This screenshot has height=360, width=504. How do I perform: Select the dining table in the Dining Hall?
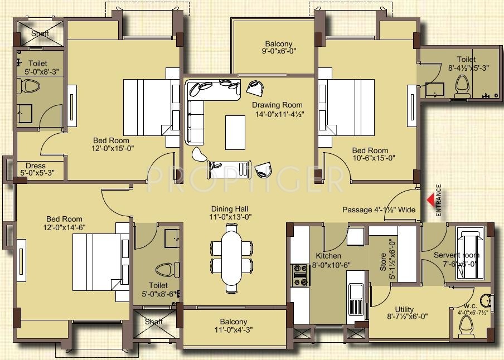pos(231,257)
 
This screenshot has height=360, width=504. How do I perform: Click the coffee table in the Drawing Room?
pos(235,132)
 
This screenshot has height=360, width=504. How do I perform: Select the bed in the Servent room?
pos(471,245)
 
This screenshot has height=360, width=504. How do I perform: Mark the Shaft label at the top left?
pos(40,33)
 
